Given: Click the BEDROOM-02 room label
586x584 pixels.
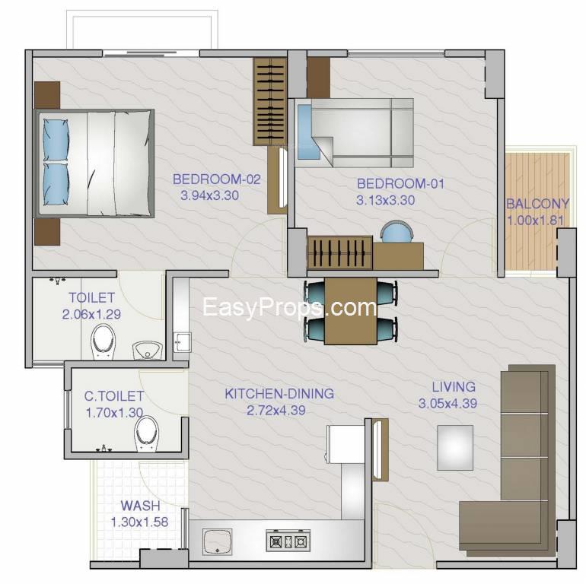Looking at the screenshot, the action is pyautogui.click(x=216, y=179).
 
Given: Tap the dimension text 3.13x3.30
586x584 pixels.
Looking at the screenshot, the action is pyautogui.click(x=385, y=200).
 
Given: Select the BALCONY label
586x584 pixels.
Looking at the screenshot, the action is pyautogui.click(x=538, y=204).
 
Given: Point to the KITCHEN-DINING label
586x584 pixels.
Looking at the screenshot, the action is pyautogui.click(x=279, y=394).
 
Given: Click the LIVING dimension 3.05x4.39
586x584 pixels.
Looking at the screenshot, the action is pyautogui.click(x=447, y=403).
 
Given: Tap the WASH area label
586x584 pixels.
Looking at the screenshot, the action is pyautogui.click(x=140, y=506).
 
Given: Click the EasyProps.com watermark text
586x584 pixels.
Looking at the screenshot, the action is pyautogui.click(x=290, y=307).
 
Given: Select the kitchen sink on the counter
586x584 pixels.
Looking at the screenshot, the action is pyautogui.click(x=217, y=542).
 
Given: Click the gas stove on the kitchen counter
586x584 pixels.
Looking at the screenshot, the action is pyautogui.click(x=288, y=541).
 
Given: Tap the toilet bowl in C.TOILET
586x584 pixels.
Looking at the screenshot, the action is pyautogui.click(x=146, y=433).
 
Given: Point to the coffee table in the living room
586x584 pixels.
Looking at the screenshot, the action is pyautogui.click(x=455, y=448).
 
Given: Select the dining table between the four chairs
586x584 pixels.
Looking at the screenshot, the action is pyautogui.click(x=351, y=311).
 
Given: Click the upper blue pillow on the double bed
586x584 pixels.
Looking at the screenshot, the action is pyautogui.click(x=56, y=140).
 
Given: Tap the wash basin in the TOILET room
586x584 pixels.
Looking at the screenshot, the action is pyautogui.click(x=148, y=351).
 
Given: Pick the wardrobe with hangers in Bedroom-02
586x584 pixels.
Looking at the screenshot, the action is pyautogui.click(x=270, y=102).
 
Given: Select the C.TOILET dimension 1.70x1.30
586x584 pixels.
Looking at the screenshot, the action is pyautogui.click(x=114, y=413).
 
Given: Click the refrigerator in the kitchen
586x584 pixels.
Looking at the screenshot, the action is pyautogui.click(x=346, y=444).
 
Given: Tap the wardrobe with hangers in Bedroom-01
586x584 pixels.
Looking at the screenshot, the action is pyautogui.click(x=339, y=252).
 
